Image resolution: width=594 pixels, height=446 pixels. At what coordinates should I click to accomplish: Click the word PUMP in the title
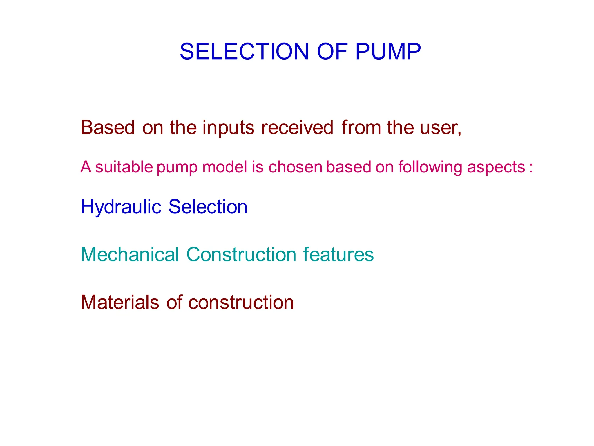(388, 52)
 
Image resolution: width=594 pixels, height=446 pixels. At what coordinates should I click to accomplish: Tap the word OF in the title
(332, 52)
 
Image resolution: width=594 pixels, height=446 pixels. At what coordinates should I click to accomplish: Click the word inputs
(228, 128)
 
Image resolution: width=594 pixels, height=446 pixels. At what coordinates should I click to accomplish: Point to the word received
(297, 128)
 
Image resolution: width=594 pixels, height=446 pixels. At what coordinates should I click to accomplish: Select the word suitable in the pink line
(124, 167)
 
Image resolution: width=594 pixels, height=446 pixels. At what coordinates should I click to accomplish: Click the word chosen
(295, 167)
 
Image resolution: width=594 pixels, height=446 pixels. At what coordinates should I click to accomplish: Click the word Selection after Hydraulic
(208, 207)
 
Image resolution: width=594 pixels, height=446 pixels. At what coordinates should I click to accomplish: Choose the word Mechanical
(130, 255)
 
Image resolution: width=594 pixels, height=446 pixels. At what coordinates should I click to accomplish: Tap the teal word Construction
(241, 255)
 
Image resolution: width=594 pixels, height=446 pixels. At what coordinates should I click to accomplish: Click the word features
(338, 255)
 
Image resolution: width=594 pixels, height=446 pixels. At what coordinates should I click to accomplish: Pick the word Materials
(120, 302)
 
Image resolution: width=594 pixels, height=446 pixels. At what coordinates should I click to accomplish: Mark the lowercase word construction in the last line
(241, 303)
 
